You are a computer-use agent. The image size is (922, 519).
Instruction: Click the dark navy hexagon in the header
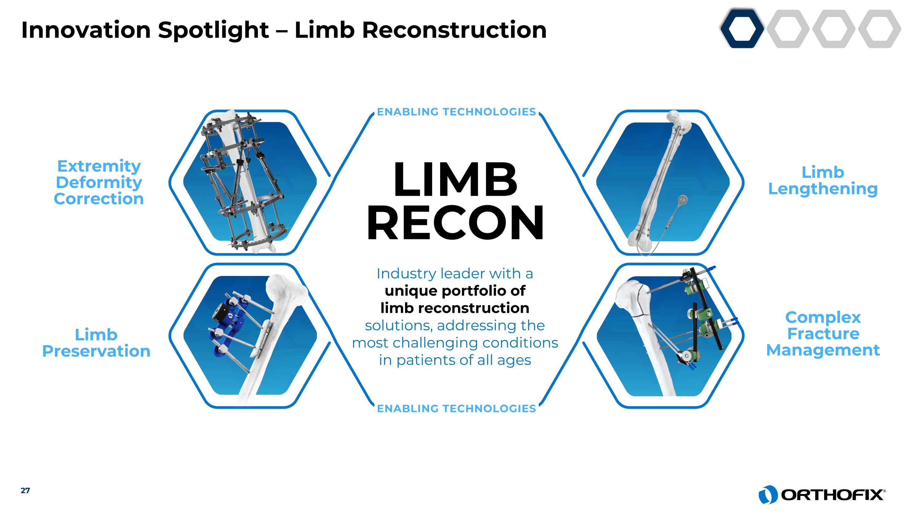(x=742, y=29)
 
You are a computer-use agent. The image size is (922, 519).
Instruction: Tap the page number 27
(x=25, y=490)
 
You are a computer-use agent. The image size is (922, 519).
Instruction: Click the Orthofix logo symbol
(x=767, y=495)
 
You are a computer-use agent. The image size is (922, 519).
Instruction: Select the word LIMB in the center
(x=455, y=180)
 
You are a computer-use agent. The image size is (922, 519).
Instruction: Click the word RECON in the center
(x=455, y=223)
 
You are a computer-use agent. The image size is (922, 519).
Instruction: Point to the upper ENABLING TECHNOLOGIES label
(x=456, y=112)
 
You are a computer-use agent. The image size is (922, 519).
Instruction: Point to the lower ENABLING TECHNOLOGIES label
(x=456, y=408)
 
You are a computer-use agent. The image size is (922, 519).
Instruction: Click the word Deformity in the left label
(x=99, y=182)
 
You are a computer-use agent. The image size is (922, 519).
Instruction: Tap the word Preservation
(x=96, y=351)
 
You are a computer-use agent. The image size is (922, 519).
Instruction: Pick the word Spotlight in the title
(x=213, y=30)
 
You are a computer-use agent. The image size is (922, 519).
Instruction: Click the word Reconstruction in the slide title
(x=454, y=30)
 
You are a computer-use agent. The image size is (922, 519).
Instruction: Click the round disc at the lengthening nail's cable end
(x=683, y=199)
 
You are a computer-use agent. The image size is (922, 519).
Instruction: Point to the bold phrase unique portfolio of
(x=455, y=291)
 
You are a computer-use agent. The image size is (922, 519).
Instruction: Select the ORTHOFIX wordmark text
(x=832, y=495)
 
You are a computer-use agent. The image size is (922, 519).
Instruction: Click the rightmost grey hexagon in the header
(x=879, y=29)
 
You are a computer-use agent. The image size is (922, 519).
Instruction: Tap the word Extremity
(x=99, y=166)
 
